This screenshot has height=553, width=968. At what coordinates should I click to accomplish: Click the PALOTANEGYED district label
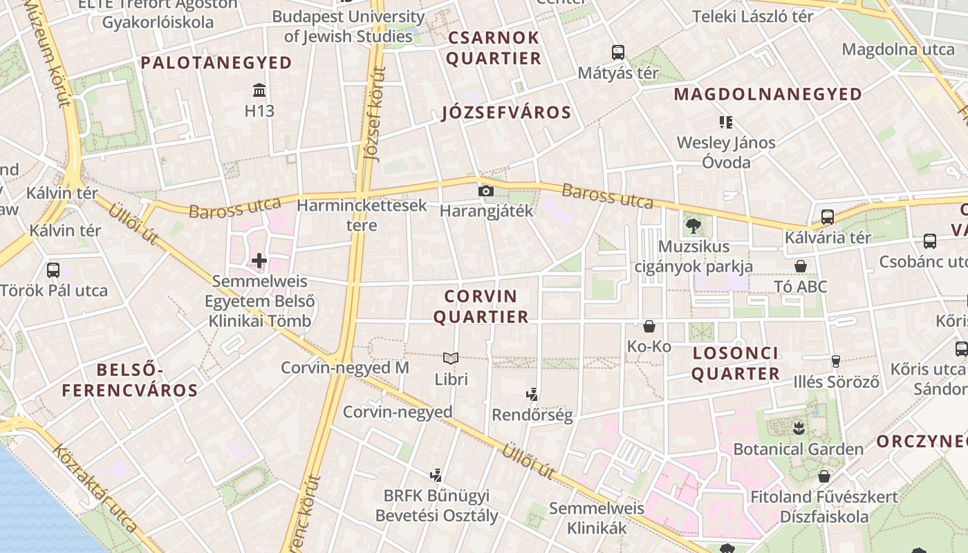(216, 63)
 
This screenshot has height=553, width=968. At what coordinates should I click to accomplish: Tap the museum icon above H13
(259, 91)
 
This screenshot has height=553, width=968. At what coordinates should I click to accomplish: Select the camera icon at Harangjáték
(486, 191)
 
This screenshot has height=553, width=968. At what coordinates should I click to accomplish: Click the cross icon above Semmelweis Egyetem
(259, 261)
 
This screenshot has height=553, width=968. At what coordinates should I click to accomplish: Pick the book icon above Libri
(451, 358)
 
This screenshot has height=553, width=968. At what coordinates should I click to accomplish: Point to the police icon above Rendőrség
(532, 395)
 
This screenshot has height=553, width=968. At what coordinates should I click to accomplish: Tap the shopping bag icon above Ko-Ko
(649, 326)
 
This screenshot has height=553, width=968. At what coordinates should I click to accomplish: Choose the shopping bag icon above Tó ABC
(801, 266)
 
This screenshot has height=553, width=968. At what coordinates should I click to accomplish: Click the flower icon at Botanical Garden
(799, 428)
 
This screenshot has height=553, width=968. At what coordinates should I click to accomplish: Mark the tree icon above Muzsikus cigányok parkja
(693, 225)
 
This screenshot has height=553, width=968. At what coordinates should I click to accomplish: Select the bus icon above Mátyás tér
(617, 53)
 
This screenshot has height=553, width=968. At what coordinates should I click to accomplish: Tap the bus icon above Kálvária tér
(828, 217)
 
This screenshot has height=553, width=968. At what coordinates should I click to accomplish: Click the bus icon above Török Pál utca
(53, 270)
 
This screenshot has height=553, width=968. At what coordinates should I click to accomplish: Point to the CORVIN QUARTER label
(486, 306)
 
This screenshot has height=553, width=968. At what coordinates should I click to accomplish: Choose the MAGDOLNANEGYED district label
(767, 94)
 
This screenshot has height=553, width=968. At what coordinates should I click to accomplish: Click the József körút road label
(374, 118)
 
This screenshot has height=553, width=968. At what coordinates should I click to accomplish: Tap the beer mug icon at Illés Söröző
(835, 361)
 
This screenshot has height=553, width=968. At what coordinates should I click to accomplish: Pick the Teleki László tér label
(752, 17)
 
